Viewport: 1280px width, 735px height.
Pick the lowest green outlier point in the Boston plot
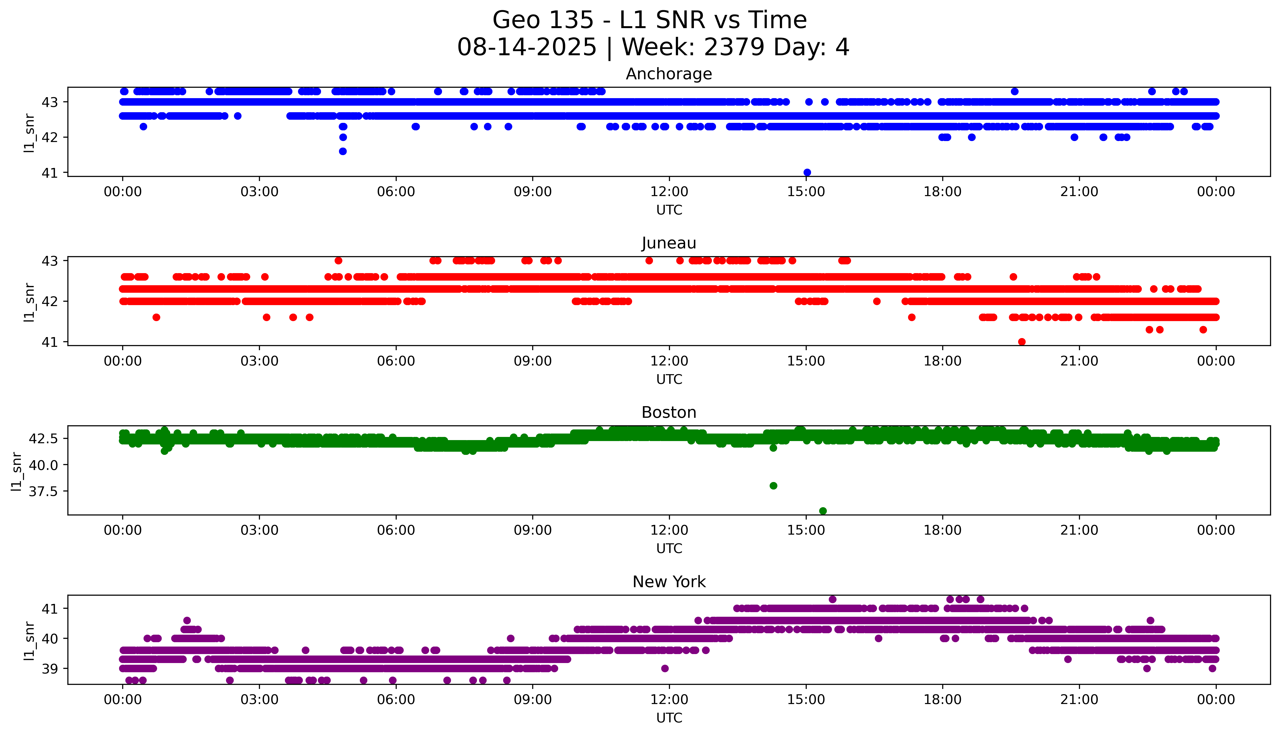(x=822, y=511)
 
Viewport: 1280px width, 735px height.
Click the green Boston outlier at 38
(x=773, y=486)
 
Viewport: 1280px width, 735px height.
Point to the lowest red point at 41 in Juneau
(x=1022, y=342)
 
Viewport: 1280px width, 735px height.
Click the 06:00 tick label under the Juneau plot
(x=396, y=361)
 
